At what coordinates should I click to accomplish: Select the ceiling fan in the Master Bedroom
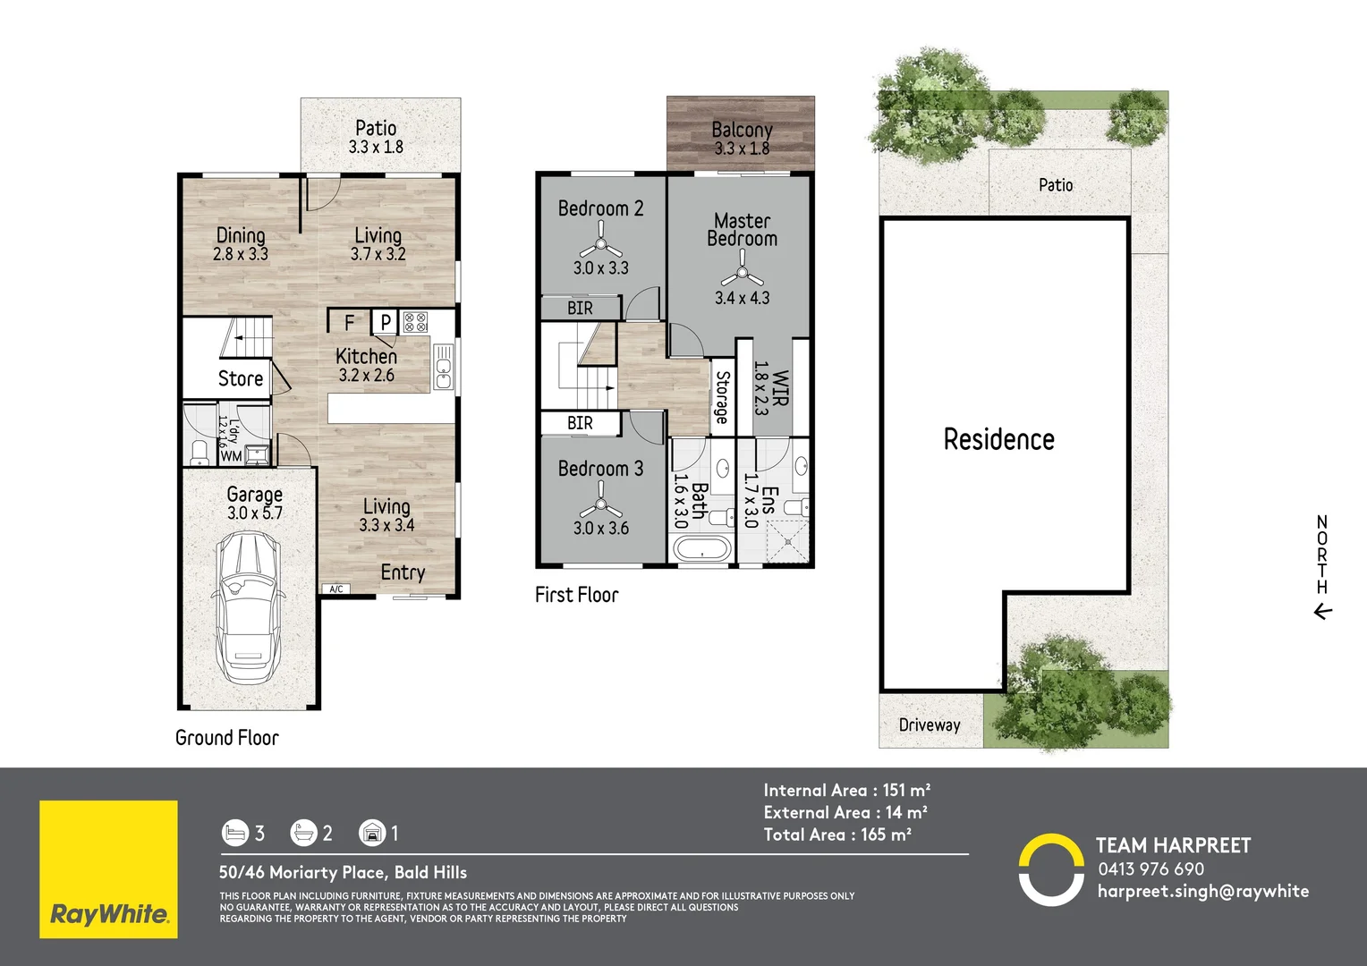tap(742, 269)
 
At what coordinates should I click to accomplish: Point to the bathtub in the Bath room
tap(701, 547)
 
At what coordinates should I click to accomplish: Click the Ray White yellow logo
tap(108, 869)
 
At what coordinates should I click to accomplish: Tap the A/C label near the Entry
tap(336, 589)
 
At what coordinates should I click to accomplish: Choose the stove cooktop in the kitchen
tap(415, 322)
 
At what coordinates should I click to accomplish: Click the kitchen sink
tap(444, 368)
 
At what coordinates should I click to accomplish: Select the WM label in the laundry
tap(231, 456)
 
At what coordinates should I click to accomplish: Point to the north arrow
tap(1322, 612)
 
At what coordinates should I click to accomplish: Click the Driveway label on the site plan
tap(930, 725)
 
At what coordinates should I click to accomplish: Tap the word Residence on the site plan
tap(998, 439)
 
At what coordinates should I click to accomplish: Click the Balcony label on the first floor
tap(742, 131)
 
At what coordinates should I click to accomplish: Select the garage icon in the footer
tap(371, 834)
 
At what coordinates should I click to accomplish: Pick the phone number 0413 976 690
tap(1150, 869)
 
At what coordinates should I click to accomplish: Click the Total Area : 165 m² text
tap(837, 835)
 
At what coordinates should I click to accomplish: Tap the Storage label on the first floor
tap(722, 397)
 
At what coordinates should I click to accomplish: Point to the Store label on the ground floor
tap(241, 378)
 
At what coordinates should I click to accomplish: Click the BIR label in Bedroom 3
tap(580, 423)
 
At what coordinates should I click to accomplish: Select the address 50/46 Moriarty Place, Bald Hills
tap(343, 872)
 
